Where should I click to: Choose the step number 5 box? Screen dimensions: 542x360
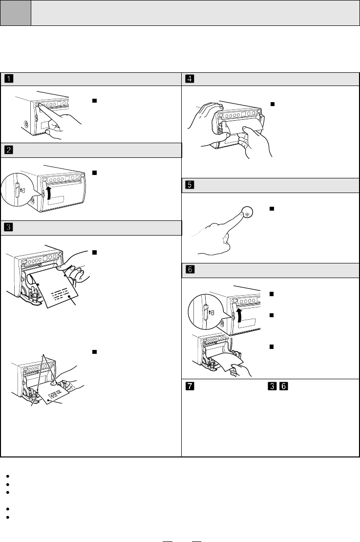(x=189, y=186)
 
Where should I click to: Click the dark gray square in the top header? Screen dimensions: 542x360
(x=16, y=13)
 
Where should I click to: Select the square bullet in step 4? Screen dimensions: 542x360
(x=273, y=104)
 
